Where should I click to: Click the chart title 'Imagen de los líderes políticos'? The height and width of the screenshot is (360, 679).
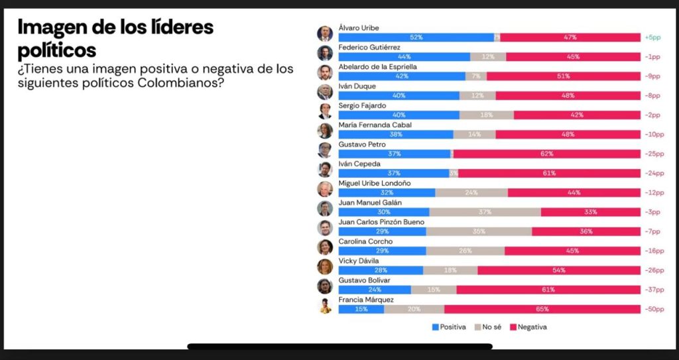click(115, 38)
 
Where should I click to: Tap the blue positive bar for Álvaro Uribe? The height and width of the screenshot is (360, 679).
click(416, 38)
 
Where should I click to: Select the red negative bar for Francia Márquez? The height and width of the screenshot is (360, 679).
click(542, 310)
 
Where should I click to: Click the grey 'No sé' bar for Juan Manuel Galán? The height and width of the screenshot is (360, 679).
click(485, 212)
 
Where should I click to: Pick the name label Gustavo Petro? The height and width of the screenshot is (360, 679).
click(362, 145)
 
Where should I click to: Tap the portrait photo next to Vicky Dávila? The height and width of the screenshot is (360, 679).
click(325, 267)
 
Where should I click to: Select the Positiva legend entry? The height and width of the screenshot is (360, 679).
click(449, 327)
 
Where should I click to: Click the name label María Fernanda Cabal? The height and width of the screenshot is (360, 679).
click(375, 125)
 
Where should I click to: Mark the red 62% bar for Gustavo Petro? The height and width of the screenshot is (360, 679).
click(546, 154)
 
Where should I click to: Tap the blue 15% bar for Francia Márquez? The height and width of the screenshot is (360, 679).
click(361, 310)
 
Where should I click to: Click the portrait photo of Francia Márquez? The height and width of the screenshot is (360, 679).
click(325, 306)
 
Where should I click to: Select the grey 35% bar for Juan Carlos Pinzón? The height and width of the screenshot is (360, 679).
click(479, 232)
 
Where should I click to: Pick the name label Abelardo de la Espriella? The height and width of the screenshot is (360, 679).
click(378, 67)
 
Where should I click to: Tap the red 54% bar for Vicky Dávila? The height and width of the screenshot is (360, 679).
click(558, 270)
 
